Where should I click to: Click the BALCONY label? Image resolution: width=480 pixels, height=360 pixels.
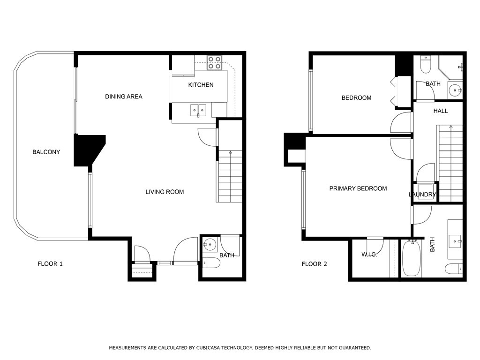tap(46, 152)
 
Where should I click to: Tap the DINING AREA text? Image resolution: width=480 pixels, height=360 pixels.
tap(124, 97)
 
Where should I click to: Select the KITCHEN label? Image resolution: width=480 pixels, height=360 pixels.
tap(201, 85)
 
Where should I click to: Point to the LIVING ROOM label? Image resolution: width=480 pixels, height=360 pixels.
tap(165, 192)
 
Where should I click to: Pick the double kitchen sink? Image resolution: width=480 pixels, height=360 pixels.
tap(198, 110)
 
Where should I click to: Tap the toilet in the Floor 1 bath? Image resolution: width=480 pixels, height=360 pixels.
tap(211, 263)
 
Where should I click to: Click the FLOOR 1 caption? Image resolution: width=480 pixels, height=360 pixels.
tap(50, 264)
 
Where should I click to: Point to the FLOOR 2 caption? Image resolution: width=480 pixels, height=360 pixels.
tap(315, 264)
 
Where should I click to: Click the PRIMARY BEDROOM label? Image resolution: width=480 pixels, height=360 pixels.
tap(358, 188)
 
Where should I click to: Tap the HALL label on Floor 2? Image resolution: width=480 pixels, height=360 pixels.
tap(441, 111)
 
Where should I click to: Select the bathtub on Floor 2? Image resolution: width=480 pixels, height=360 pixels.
tap(412, 258)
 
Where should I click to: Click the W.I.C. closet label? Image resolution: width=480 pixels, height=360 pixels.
tap(369, 255)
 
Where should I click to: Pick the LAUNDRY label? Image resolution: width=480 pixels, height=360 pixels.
tap(422, 195)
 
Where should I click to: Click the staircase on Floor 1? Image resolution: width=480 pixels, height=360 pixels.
tap(230, 176)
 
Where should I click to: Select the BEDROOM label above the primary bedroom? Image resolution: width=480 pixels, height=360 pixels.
tap(357, 98)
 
